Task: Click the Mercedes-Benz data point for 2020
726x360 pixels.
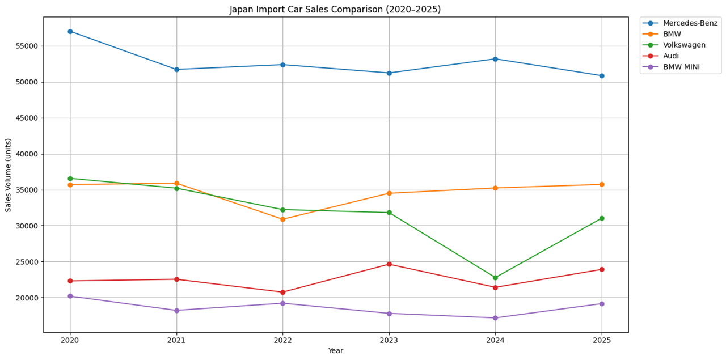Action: pos(70,31)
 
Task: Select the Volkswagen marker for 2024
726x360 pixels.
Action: pos(495,278)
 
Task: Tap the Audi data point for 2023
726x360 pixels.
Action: pos(389,264)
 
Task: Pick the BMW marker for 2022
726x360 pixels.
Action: pos(282,219)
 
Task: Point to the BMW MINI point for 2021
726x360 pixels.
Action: pos(176,310)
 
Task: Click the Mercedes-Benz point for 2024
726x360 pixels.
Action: pos(495,59)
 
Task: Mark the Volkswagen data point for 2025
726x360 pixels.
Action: pos(602,218)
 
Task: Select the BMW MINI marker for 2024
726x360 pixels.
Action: pos(495,318)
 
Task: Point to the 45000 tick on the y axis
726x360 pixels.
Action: pos(27,118)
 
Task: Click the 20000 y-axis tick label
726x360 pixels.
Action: pos(27,298)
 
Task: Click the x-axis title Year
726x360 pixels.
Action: pos(336,351)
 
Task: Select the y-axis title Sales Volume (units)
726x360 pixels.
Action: pos(9,175)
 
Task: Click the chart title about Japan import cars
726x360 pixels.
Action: pos(335,9)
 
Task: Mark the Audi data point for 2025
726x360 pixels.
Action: pos(602,269)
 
